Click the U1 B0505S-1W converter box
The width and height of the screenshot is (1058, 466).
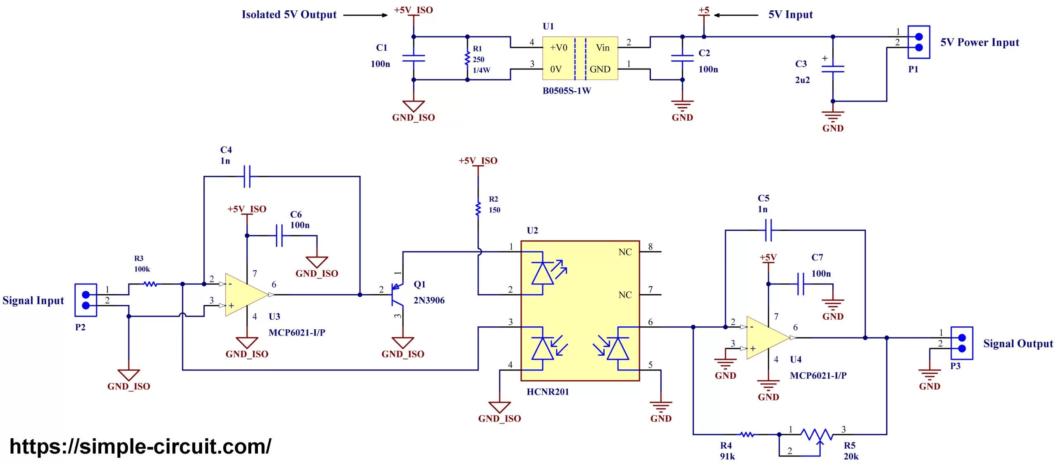coord(580,58)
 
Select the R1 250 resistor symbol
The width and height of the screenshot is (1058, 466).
coord(467,58)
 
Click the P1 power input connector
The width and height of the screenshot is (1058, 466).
coord(918,42)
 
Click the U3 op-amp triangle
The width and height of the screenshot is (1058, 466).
coord(245,295)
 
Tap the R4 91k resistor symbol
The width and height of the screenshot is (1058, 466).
coord(746,435)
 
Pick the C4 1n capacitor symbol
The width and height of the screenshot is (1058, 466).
coord(247,176)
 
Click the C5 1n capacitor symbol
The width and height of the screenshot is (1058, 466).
coord(768,230)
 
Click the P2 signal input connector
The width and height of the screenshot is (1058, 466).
coord(86,300)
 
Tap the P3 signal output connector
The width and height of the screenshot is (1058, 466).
coord(961,343)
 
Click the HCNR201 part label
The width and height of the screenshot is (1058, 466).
coord(548,392)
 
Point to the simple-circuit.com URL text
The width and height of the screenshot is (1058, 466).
coord(141,447)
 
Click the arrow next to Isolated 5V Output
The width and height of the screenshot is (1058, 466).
coord(365,15)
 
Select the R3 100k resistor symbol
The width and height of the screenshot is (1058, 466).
coord(150,284)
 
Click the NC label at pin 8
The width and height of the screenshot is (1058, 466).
coord(625,252)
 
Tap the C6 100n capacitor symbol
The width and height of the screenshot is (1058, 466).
coord(279,236)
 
